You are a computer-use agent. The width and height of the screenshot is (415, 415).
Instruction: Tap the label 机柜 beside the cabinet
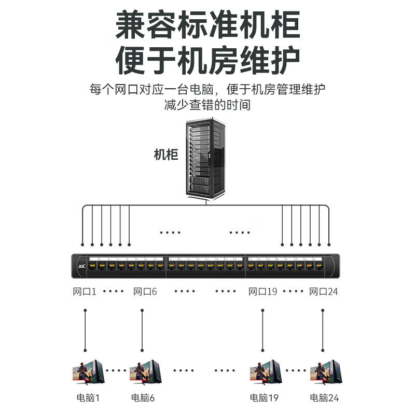[166, 155]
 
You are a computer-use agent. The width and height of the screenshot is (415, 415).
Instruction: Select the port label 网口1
[85, 292]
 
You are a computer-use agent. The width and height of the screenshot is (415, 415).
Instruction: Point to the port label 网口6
[145, 292]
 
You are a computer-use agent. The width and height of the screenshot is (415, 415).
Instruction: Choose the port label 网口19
[263, 292]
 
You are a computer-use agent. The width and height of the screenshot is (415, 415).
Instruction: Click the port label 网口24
[324, 292]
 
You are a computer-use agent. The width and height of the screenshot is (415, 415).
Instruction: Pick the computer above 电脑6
[145, 373]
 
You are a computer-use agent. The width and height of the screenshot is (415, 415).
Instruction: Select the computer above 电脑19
[265, 373]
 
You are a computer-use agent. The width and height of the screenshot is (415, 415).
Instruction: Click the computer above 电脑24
[325, 373]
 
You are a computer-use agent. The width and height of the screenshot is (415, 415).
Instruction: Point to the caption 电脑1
[88, 398]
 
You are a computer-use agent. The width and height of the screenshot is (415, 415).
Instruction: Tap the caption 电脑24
[324, 398]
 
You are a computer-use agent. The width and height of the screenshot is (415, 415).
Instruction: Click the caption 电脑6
[143, 398]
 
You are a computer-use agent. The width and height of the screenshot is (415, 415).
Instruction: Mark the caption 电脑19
[264, 398]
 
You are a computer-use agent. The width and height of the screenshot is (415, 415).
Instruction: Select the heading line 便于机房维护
[208, 61]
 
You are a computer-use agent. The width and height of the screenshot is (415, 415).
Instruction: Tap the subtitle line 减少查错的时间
[208, 105]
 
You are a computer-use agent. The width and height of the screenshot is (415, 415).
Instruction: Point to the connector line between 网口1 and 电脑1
[85, 329]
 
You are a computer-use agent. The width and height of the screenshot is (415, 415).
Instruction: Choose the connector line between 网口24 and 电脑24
[323, 329]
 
